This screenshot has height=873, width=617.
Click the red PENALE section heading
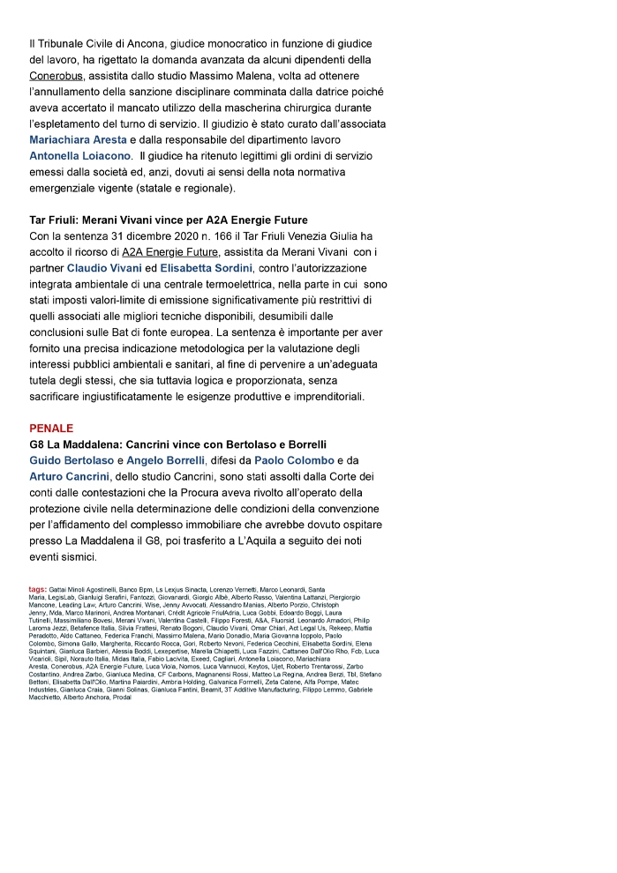(x=51, y=428)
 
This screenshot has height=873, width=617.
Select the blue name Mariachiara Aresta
(x=79, y=140)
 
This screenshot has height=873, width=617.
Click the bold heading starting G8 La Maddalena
(x=177, y=444)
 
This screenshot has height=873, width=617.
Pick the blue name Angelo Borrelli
(x=165, y=460)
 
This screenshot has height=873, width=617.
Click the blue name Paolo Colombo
(x=294, y=460)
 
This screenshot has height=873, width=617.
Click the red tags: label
(x=38, y=589)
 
